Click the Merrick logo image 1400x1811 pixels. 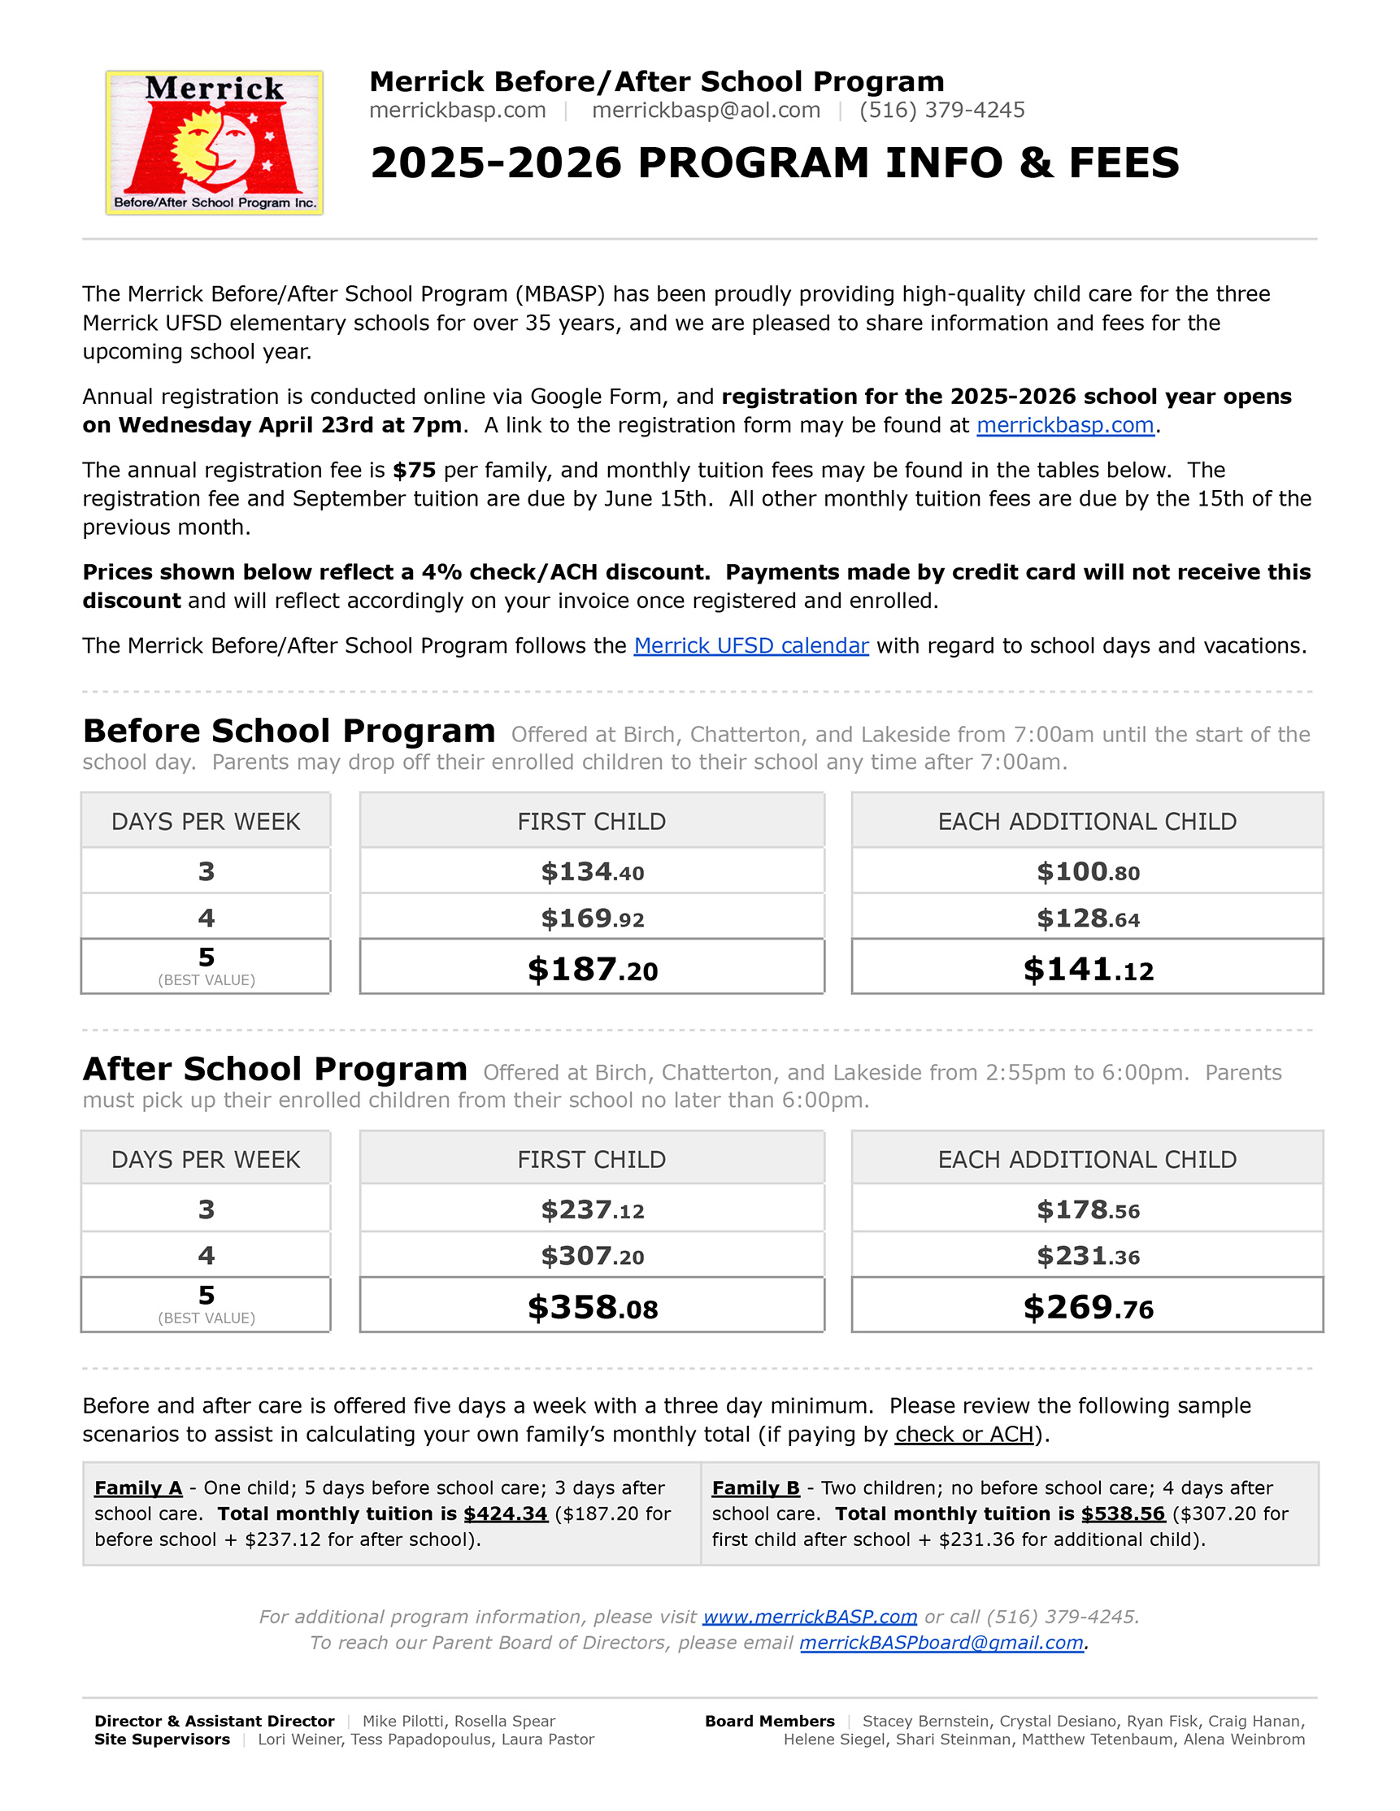click(x=214, y=142)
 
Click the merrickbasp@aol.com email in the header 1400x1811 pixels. click(x=706, y=111)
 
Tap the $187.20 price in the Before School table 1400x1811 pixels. click(x=592, y=970)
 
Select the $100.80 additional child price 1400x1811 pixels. click(x=1087, y=871)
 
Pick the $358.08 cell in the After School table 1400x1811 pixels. click(x=592, y=1308)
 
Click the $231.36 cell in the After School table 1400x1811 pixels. click(x=1087, y=1257)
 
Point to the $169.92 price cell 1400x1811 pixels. click(x=592, y=918)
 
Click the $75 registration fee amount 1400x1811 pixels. click(x=414, y=470)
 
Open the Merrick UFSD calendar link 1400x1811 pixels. click(x=750, y=646)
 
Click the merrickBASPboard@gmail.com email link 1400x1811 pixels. click(x=941, y=1643)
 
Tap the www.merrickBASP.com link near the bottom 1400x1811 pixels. click(x=810, y=1616)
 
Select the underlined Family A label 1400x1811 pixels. click(x=137, y=1487)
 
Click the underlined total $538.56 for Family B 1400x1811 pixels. click(x=1123, y=1514)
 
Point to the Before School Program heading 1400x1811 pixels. click(x=289, y=732)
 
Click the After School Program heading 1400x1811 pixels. click(x=275, y=1070)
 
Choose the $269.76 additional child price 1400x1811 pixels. click(x=1087, y=1308)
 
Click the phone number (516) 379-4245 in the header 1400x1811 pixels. click(x=941, y=111)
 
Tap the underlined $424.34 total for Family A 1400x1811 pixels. click(x=505, y=1514)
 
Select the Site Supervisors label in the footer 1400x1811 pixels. click(x=162, y=1739)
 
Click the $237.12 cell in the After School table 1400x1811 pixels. click(x=592, y=1210)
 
